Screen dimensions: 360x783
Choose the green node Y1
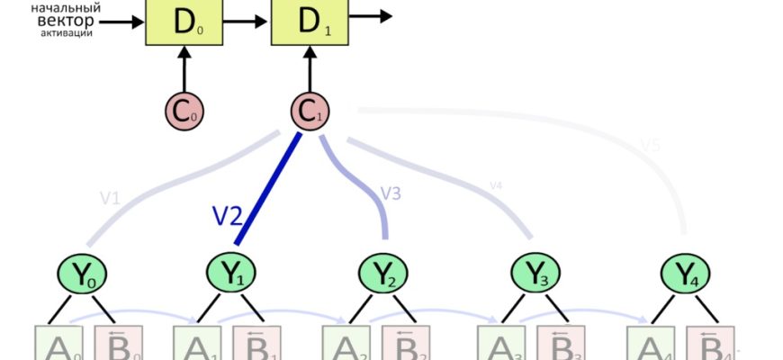235,274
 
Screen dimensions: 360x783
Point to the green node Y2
385,274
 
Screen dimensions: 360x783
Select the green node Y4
687,274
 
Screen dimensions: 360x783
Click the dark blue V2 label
228,215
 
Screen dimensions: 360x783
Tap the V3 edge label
390,193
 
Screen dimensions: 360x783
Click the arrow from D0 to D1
247,16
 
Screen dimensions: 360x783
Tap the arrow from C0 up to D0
184,70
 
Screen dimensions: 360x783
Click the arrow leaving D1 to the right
368,15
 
